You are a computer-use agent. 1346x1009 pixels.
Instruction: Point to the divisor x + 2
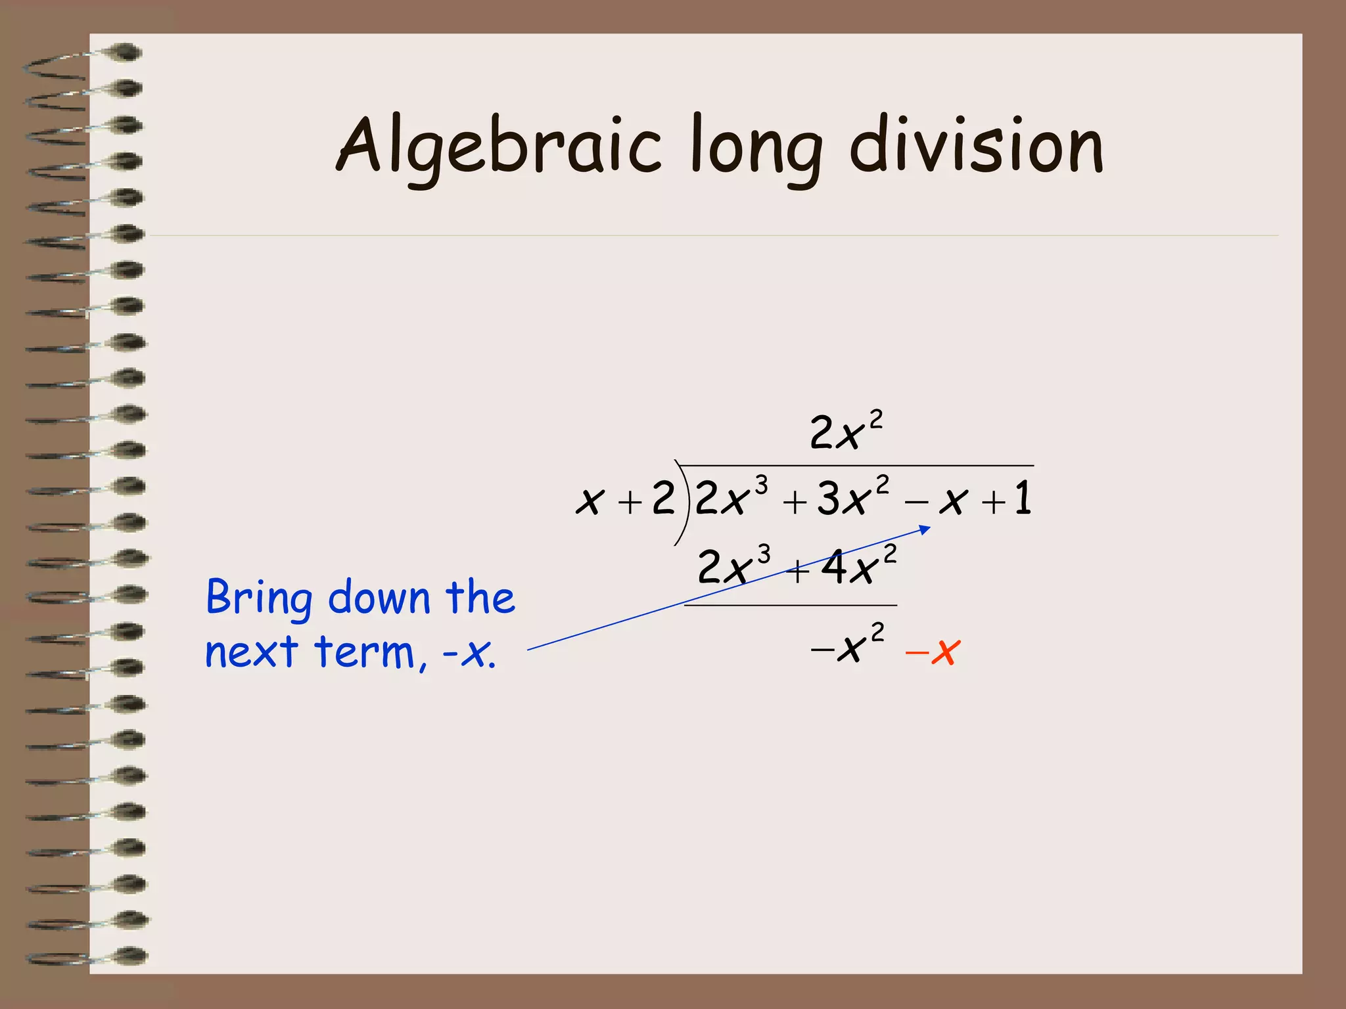[625, 500]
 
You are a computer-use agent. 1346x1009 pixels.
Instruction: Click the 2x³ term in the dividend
[730, 497]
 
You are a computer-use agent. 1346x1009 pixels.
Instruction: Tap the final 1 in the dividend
[1023, 499]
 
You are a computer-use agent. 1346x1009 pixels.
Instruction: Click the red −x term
[933, 652]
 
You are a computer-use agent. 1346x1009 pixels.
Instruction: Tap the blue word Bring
[259, 598]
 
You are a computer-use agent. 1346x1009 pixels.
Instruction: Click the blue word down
[379, 598]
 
